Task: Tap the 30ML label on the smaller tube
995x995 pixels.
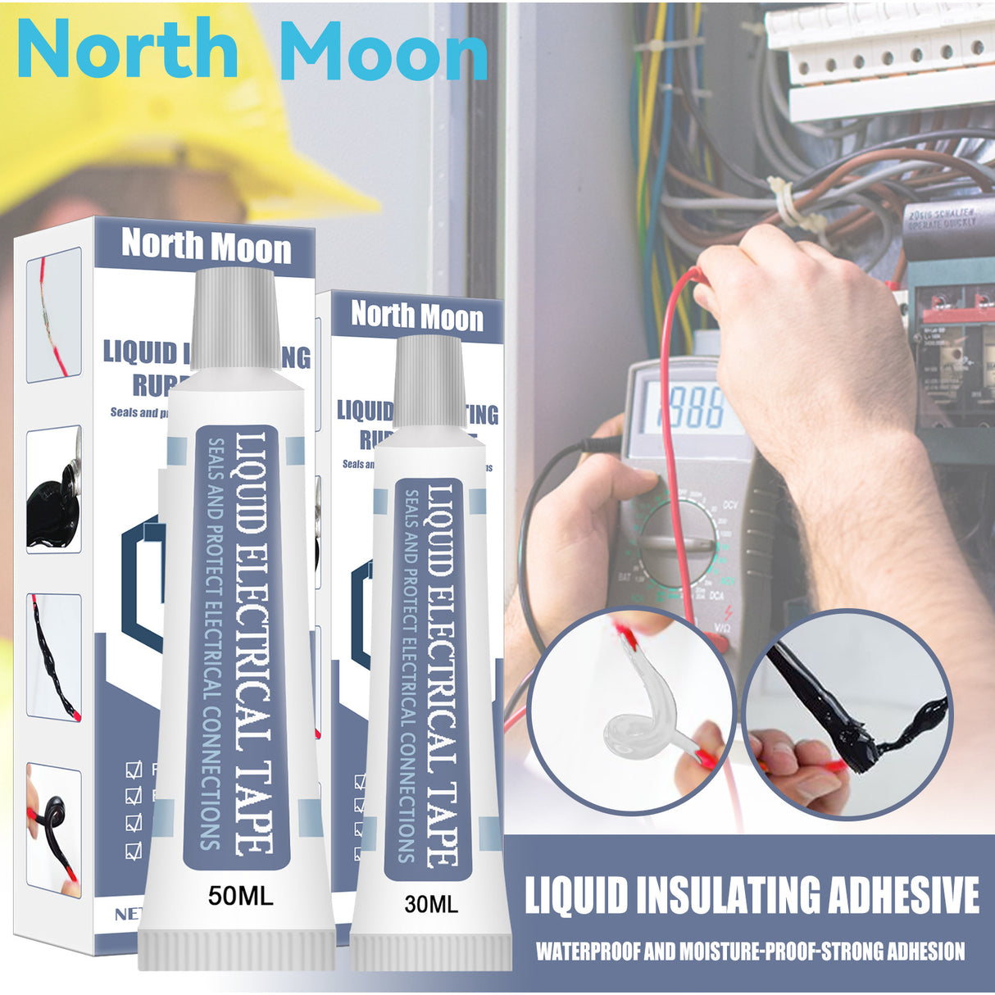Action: (x=431, y=904)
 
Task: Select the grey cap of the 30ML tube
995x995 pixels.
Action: (x=429, y=369)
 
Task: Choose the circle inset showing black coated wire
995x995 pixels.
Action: (x=848, y=714)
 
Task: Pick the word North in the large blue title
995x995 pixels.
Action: (x=127, y=51)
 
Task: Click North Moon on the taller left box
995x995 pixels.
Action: (x=206, y=246)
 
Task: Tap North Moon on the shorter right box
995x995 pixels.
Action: (x=417, y=316)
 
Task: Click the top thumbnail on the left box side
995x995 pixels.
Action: (x=54, y=315)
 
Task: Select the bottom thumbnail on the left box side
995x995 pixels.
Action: (x=54, y=828)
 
